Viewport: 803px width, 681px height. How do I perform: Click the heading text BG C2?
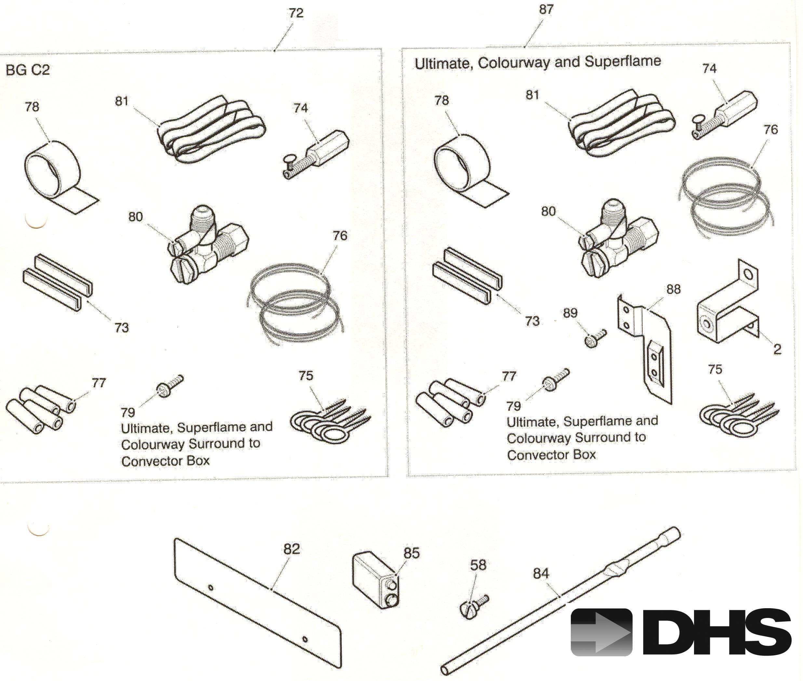tap(28, 70)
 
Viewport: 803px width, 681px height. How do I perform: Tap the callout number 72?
tap(296, 13)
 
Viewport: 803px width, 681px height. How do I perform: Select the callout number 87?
tap(546, 9)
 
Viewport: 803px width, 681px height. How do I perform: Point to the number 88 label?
tap(673, 289)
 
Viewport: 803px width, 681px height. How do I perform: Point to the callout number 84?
tap(541, 574)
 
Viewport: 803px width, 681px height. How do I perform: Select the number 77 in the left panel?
tap(99, 383)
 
